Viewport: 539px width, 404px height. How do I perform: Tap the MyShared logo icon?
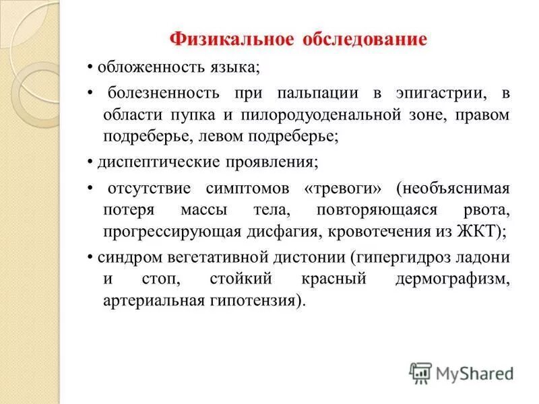click(x=420, y=372)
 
